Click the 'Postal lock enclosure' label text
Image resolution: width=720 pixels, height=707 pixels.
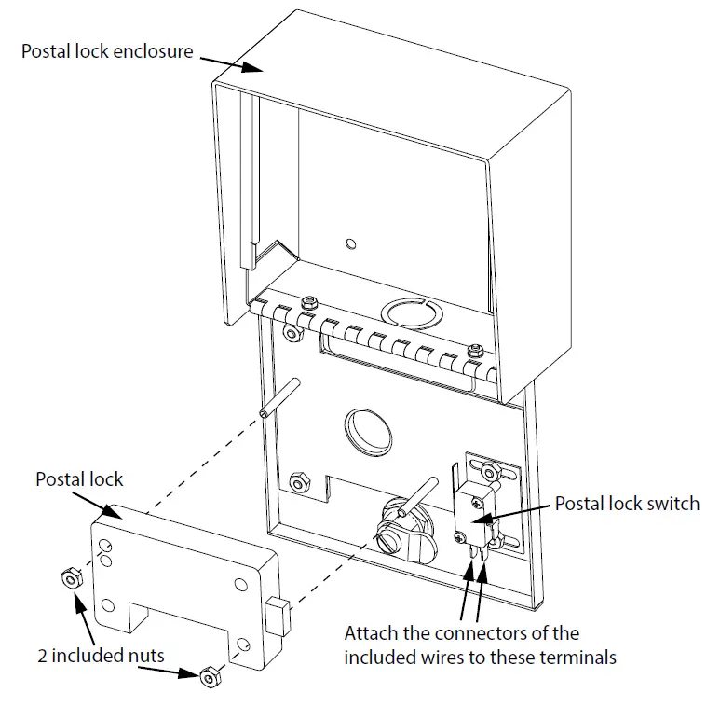(x=107, y=50)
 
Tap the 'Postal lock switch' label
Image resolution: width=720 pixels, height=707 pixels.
(x=626, y=503)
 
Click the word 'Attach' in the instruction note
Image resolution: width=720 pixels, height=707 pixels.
(x=371, y=633)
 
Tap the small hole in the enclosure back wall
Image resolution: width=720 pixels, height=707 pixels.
(x=349, y=244)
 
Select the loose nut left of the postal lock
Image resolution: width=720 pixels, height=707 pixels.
(x=67, y=578)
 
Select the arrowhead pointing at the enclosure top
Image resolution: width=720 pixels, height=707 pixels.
(x=252, y=67)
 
